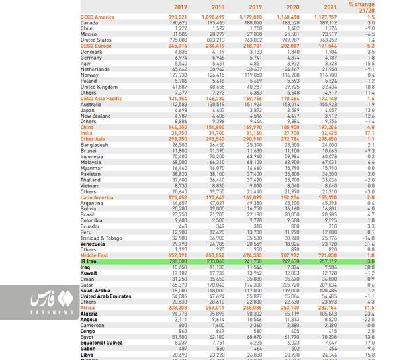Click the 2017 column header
(x=180, y=7)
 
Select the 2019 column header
(x=255, y=7)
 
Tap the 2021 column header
(x=329, y=7)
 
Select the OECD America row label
(x=97, y=17)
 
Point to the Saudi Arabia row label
(x=95, y=291)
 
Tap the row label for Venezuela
(x=92, y=243)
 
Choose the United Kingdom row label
(x=99, y=87)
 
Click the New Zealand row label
(x=96, y=116)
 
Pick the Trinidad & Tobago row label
(x=101, y=238)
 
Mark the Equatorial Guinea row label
(x=103, y=343)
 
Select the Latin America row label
(x=97, y=197)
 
